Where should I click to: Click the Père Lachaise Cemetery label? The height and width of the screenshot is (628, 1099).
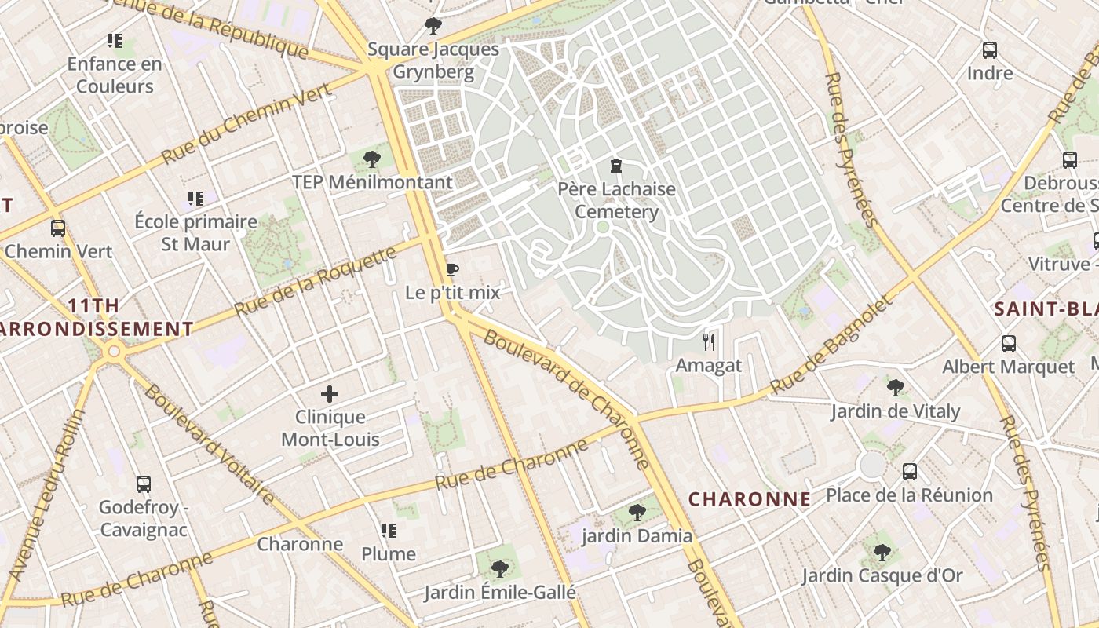[x=616, y=201]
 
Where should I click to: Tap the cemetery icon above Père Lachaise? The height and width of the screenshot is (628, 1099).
[x=616, y=166]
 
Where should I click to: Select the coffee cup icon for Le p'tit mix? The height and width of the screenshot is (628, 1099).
[x=451, y=270]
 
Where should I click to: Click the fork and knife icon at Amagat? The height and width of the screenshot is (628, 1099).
[x=708, y=341]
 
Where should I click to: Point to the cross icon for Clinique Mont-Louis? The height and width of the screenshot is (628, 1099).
[x=330, y=393]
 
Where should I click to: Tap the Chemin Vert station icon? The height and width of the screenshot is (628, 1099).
[x=58, y=228]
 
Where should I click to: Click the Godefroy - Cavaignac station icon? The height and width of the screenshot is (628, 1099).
[x=143, y=484]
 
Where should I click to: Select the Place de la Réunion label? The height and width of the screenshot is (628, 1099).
[x=909, y=495]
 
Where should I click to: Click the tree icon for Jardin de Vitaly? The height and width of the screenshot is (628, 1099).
[x=895, y=387]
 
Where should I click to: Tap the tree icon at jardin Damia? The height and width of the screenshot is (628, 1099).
[x=637, y=513]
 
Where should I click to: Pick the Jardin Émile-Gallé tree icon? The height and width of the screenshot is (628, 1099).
[x=499, y=568]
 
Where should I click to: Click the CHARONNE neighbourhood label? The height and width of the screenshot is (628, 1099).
[x=750, y=499]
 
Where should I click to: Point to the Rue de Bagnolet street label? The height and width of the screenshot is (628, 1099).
[x=831, y=346]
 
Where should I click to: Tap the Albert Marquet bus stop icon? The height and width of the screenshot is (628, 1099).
[x=1009, y=344]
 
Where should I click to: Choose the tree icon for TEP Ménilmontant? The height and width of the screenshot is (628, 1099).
[x=372, y=159]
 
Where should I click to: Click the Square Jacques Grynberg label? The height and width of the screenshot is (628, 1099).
[x=433, y=60]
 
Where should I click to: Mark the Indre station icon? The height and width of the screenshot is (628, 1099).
[x=990, y=50]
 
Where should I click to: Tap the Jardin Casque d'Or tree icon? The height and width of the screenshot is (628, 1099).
[x=882, y=553]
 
